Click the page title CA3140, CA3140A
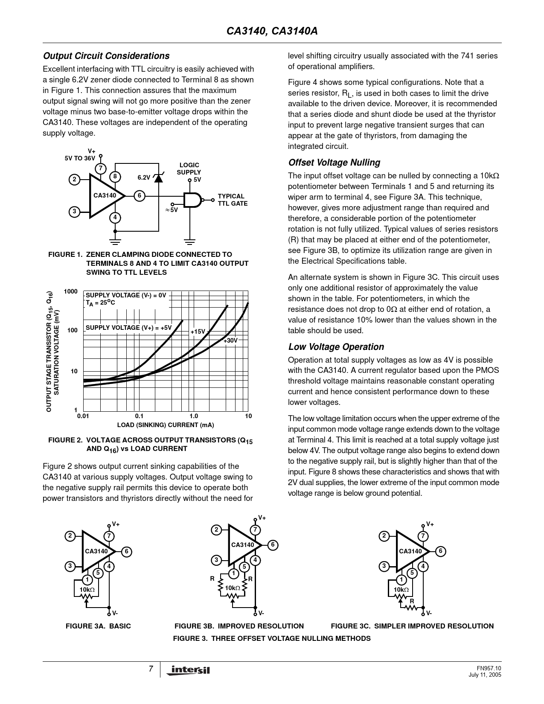click(x=272, y=31)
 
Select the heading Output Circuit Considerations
click(x=106, y=56)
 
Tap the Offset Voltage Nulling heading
click(x=334, y=163)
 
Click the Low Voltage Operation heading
click(x=336, y=346)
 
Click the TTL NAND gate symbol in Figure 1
click(x=193, y=200)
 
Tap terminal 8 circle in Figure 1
click(x=115, y=177)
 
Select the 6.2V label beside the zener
click(x=144, y=177)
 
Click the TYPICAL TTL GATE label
click(x=233, y=200)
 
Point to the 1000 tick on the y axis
click(x=71, y=291)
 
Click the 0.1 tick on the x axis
click(x=139, y=416)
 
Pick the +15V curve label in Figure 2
click(x=198, y=332)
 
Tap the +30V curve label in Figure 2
click(x=230, y=340)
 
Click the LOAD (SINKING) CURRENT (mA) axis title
click(x=166, y=425)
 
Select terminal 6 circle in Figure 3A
click(x=126, y=551)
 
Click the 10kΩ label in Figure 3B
click(x=233, y=588)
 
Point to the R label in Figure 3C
click(x=412, y=601)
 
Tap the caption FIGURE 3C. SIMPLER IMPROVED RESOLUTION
click(x=412, y=626)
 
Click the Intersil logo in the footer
click(x=188, y=670)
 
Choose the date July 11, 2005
click(x=485, y=675)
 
